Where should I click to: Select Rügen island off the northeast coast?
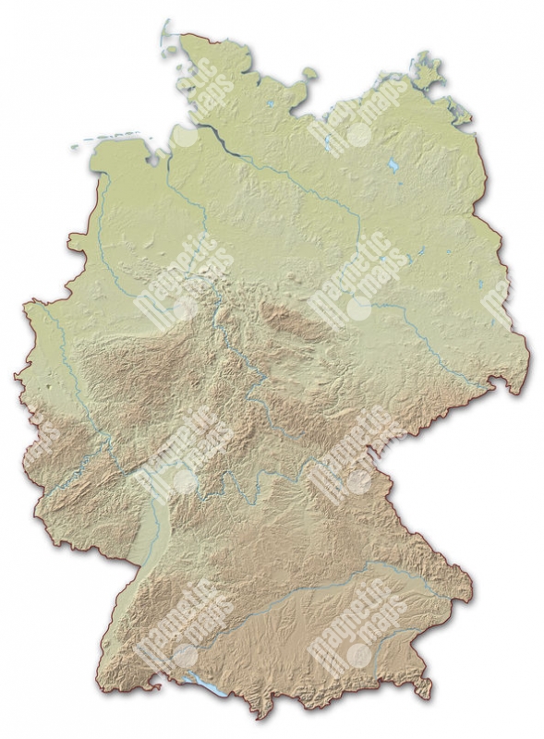[x=427, y=71]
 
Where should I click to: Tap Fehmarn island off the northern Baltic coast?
[x=310, y=73]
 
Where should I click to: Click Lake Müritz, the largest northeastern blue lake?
[x=393, y=165]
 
